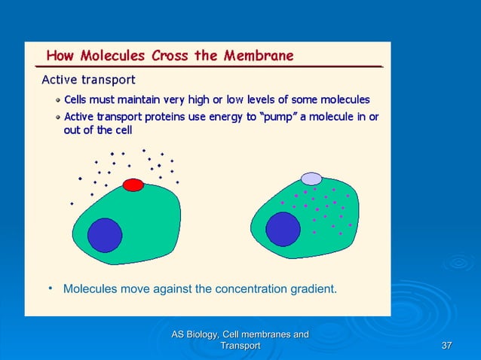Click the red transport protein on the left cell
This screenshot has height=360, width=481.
(x=133, y=185)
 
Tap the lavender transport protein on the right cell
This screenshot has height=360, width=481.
(x=311, y=178)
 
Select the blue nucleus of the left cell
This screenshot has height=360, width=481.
(x=105, y=234)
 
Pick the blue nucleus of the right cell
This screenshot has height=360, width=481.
(x=283, y=228)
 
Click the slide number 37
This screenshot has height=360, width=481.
(x=446, y=345)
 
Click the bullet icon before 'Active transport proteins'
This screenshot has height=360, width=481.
(x=57, y=117)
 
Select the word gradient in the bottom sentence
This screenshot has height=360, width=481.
(x=311, y=288)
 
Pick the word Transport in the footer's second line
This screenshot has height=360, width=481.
(x=239, y=345)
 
